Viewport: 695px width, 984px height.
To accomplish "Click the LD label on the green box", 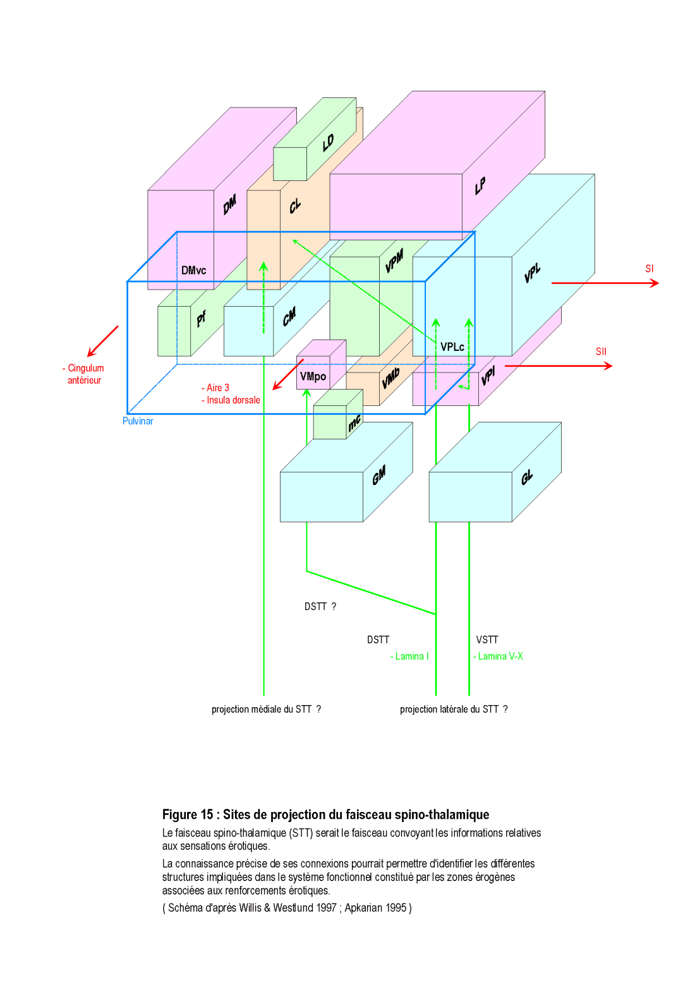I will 328,143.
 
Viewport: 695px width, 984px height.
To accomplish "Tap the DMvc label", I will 193,271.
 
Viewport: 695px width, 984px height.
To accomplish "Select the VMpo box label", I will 313,376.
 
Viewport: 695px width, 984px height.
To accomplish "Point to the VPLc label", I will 452,347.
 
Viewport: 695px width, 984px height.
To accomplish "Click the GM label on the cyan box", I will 378,476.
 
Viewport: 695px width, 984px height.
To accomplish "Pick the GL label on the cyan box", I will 527,477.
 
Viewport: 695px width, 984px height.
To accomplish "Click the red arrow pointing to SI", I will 605,283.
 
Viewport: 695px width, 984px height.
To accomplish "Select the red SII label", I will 601,352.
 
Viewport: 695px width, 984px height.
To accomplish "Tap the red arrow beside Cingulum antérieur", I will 102,341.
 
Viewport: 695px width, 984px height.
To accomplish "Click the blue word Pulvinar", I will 138,421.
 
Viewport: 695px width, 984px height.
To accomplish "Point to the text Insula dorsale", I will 233,400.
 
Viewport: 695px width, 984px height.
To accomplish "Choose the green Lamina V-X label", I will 499,656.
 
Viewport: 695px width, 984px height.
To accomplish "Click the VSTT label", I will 487,640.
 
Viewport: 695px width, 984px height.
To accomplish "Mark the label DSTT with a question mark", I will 320,606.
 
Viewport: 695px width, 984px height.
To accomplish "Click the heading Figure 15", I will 188,815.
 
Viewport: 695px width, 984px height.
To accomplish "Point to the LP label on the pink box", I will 480,185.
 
